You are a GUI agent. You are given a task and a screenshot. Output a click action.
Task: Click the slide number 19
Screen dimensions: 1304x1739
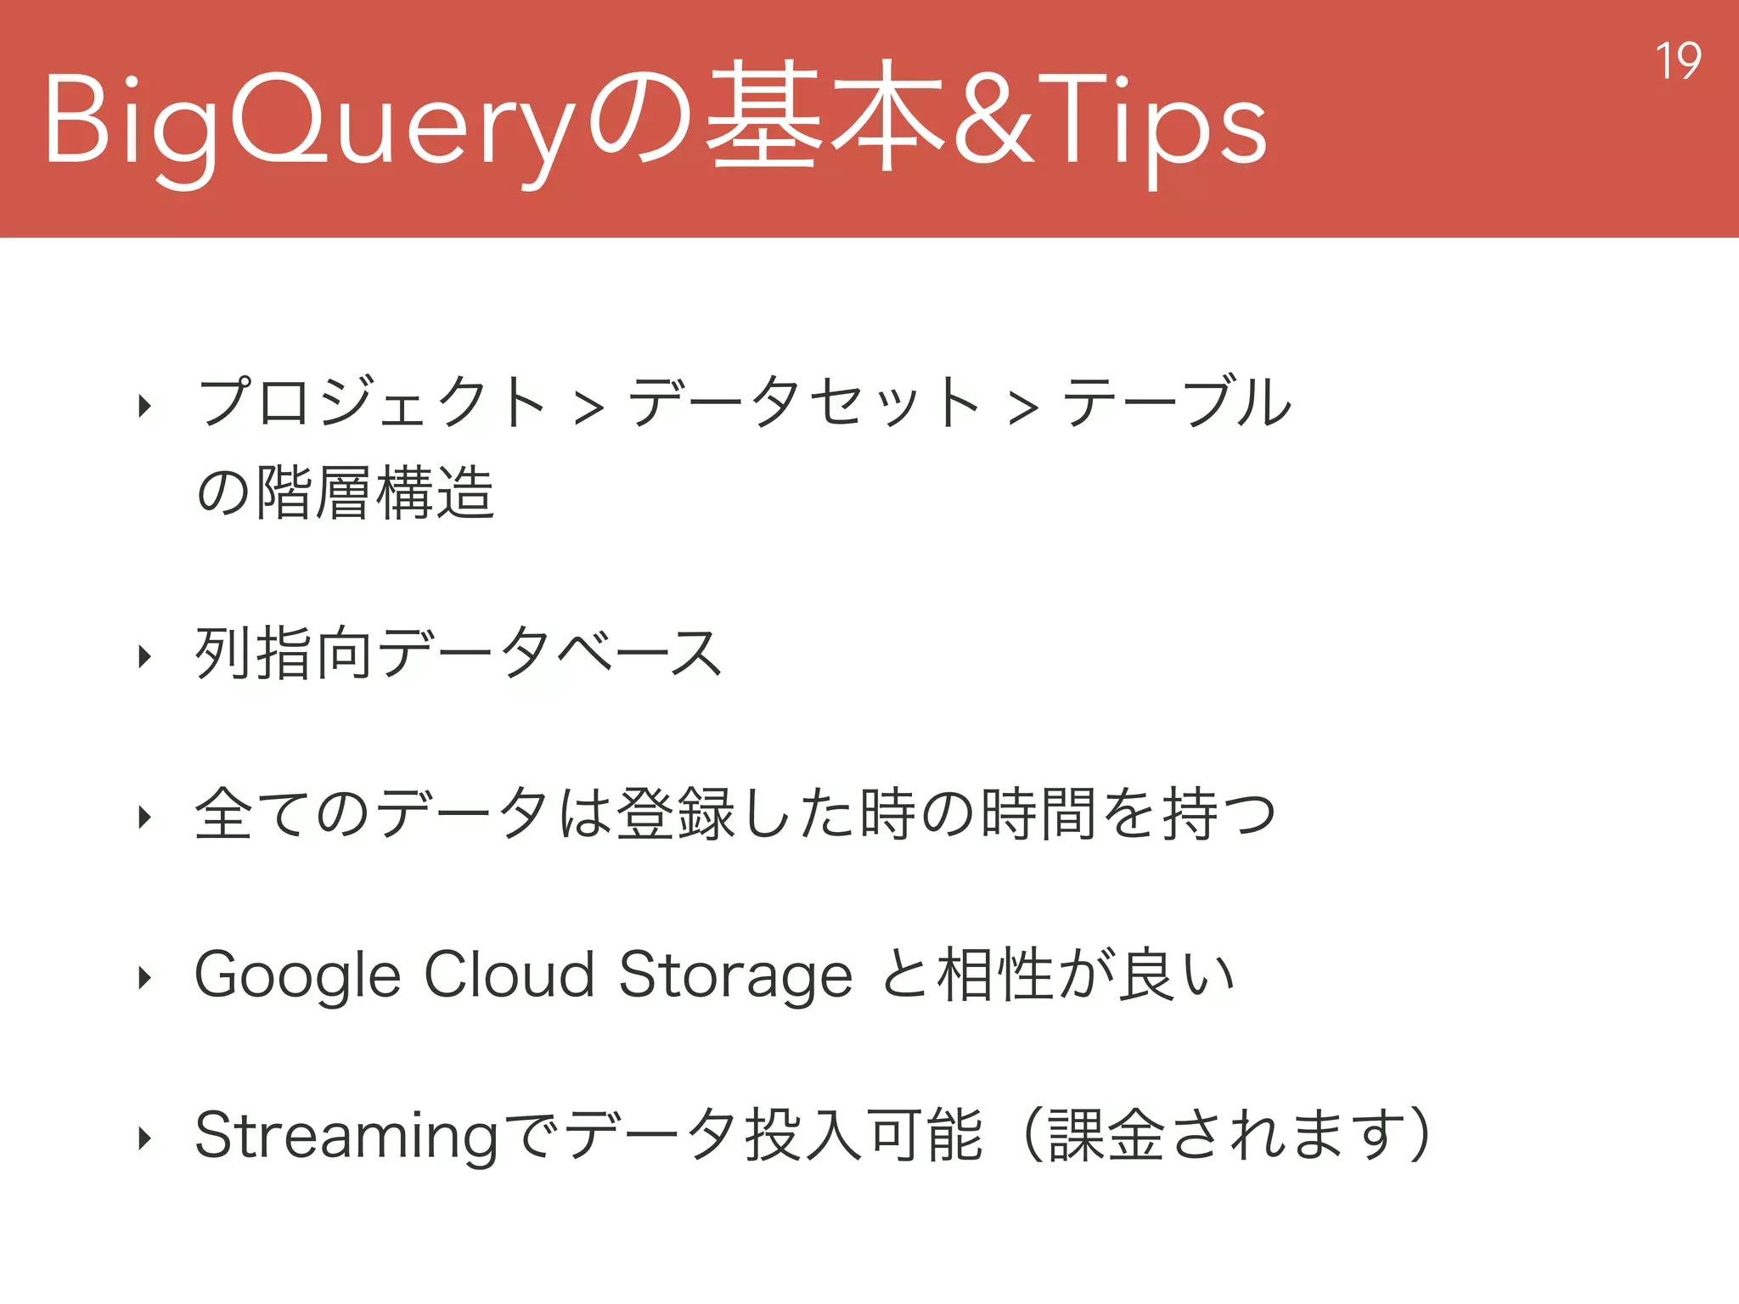click(x=1678, y=61)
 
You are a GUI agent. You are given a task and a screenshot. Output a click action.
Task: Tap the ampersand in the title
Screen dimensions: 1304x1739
click(x=994, y=118)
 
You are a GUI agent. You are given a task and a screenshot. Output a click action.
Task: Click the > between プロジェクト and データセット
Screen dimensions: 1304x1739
click(x=588, y=407)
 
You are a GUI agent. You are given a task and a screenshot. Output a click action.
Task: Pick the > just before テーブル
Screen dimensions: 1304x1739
click(x=1023, y=407)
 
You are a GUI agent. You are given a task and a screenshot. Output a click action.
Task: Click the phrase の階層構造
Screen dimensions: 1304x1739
click(x=345, y=492)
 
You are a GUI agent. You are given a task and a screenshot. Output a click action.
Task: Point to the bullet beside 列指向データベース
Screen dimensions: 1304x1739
click(x=145, y=655)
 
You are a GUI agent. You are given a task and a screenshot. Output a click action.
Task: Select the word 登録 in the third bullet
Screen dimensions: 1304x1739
click(x=675, y=813)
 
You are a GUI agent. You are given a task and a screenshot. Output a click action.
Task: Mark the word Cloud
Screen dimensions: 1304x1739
click(x=509, y=974)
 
